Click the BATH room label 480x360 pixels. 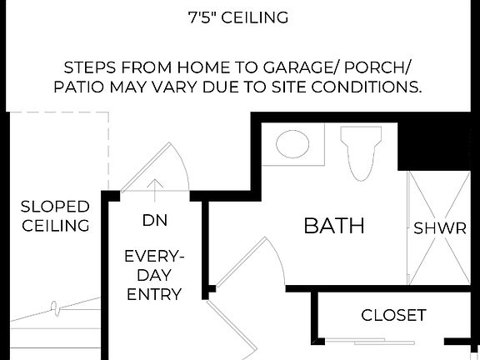[x=333, y=226]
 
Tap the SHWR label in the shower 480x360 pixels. [x=440, y=228]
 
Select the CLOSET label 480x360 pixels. [x=393, y=316]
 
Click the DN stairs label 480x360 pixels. [x=154, y=222]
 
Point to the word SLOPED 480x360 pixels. [x=55, y=207]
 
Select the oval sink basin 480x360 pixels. [x=292, y=144]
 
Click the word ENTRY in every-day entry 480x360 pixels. [x=153, y=293]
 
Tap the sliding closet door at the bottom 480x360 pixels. [x=371, y=342]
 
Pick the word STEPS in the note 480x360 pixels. [x=92, y=67]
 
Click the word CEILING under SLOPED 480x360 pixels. [x=55, y=226]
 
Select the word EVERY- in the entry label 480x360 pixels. [x=153, y=256]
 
